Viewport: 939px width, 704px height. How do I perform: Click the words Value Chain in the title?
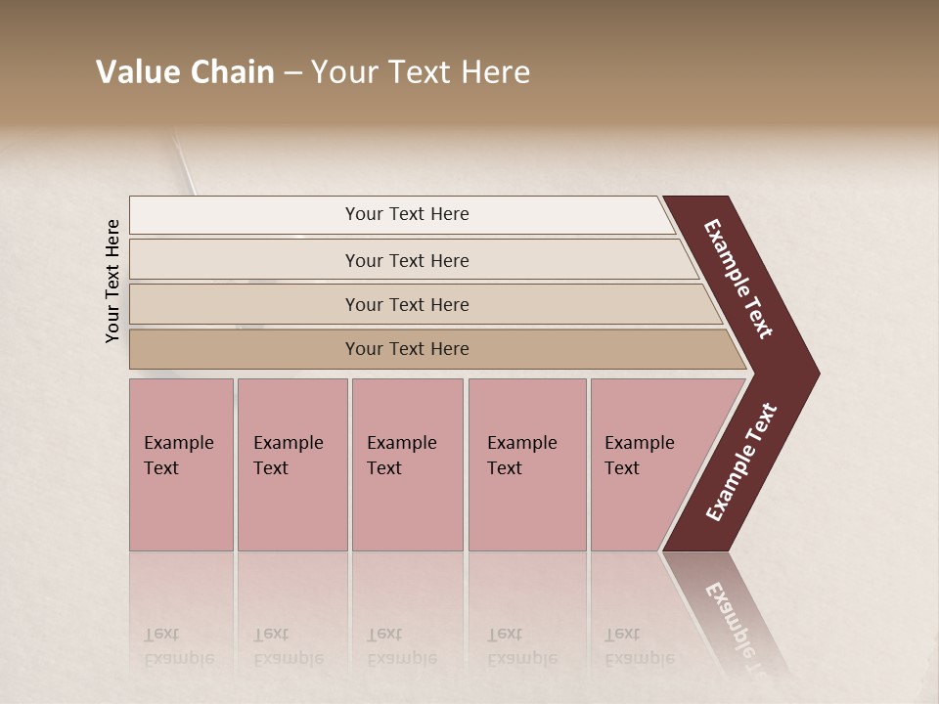[x=185, y=72]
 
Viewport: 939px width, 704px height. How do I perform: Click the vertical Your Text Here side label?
[x=112, y=281]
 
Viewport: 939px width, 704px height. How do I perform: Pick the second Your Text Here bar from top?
[x=407, y=260]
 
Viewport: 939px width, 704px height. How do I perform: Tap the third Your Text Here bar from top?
[x=407, y=304]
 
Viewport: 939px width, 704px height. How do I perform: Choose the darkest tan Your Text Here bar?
[x=407, y=349]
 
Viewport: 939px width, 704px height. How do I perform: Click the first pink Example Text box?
[x=181, y=464]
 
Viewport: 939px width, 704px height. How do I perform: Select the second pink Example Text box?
[x=292, y=464]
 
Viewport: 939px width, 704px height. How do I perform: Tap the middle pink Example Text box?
[x=407, y=464]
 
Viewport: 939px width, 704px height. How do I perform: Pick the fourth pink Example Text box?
[x=527, y=464]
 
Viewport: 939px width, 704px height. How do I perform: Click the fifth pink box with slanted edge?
[x=646, y=464]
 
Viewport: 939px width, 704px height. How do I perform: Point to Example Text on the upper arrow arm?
[x=738, y=279]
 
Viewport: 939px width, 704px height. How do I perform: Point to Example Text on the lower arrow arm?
[x=741, y=462]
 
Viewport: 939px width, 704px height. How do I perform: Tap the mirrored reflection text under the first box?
[x=178, y=646]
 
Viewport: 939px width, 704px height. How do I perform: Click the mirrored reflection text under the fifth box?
[x=639, y=646]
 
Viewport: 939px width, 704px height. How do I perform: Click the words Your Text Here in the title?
[x=421, y=72]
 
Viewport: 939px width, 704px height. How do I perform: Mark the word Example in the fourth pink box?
[x=521, y=443]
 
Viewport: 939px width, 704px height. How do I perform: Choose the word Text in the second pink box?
[x=271, y=468]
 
